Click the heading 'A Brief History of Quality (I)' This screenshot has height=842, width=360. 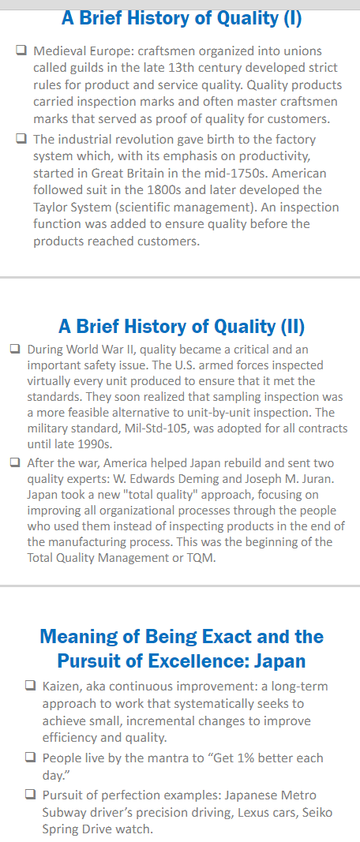[x=182, y=18]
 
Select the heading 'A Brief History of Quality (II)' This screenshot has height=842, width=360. [x=182, y=326]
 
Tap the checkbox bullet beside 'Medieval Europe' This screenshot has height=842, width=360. [x=21, y=51]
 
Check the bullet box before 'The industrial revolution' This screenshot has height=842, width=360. [x=21, y=140]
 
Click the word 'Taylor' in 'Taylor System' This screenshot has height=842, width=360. [x=51, y=208]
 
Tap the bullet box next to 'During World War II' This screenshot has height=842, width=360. [x=16, y=350]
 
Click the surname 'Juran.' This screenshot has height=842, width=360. [x=318, y=479]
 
